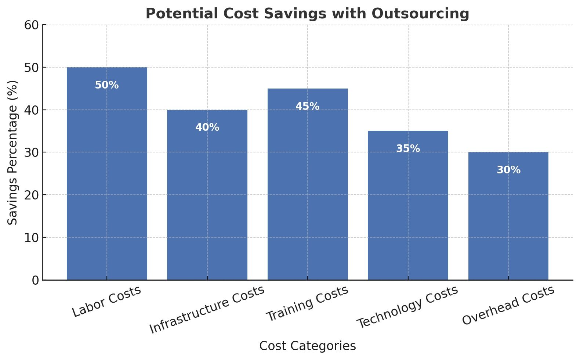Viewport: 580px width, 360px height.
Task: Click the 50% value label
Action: [x=107, y=85]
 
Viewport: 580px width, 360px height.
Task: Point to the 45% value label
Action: [x=308, y=107]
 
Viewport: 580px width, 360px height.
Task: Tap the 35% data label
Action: [x=408, y=149]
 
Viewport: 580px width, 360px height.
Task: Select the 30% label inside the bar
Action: [x=508, y=170]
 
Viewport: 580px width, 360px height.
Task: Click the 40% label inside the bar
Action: [x=207, y=127]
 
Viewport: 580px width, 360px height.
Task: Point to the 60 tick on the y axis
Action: [x=32, y=25]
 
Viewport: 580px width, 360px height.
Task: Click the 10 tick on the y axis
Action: [x=32, y=238]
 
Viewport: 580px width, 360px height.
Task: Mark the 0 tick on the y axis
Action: [x=35, y=280]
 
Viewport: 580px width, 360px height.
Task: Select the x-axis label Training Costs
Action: [x=307, y=303]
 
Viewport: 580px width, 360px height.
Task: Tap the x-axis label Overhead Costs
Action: [x=508, y=305]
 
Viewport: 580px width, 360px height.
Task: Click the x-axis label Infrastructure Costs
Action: [x=207, y=309]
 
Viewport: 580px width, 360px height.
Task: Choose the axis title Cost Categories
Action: [x=308, y=346]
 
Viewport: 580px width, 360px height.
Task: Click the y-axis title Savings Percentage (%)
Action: [x=13, y=152]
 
